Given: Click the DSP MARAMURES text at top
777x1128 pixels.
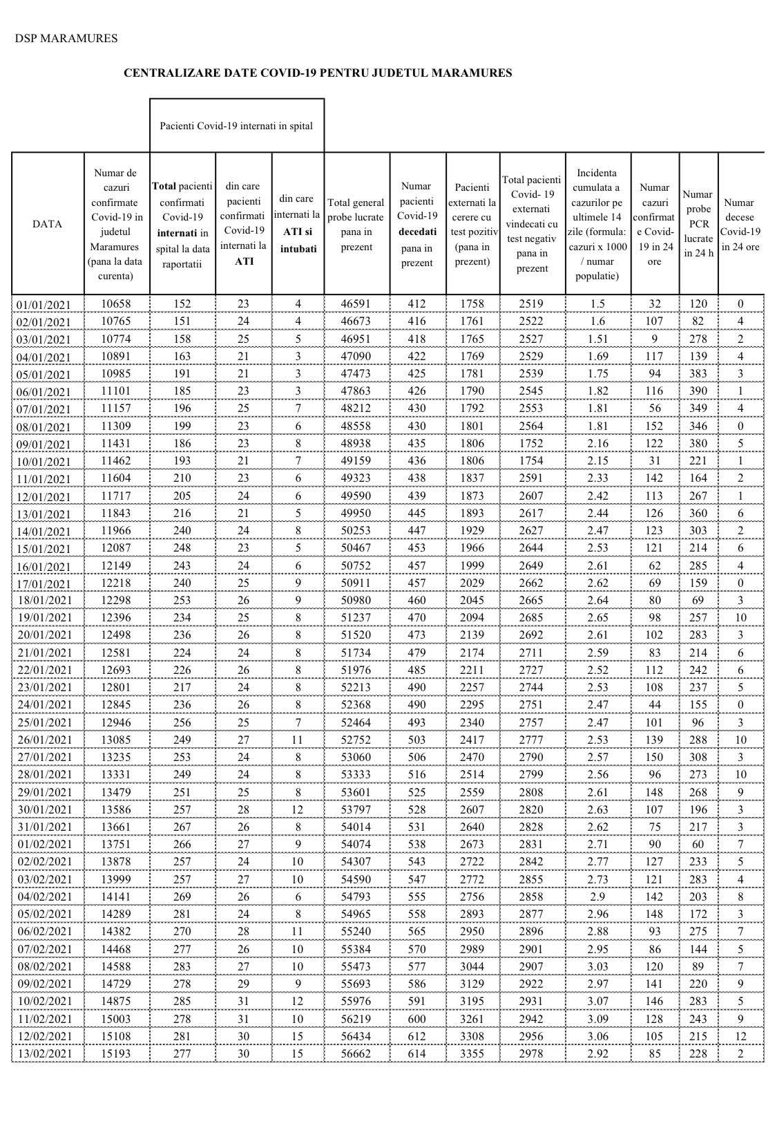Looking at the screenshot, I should click(x=66, y=39).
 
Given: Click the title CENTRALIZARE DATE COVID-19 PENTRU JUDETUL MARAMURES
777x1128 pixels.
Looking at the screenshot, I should click(x=318, y=73).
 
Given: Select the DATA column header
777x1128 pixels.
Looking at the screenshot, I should click(x=48, y=224).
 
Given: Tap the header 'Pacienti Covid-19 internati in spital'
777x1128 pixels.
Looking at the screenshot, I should click(x=236, y=126).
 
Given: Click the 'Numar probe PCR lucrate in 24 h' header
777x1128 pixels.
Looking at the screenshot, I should click(x=698, y=224).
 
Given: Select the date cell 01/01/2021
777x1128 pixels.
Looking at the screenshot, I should click(x=44, y=305).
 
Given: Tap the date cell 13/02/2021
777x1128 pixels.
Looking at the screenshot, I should click(x=44, y=1054).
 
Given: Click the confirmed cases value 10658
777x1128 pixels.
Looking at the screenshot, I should click(x=115, y=304).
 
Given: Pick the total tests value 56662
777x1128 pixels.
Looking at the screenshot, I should click(x=356, y=1053).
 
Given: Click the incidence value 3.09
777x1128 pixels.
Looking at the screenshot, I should click(x=597, y=1019).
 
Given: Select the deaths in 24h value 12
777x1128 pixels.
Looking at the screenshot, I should click(x=740, y=1036).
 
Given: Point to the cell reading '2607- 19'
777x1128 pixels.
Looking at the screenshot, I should click(x=531, y=496).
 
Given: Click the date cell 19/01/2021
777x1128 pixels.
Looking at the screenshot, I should click(x=44, y=618).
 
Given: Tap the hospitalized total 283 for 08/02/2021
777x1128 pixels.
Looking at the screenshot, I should click(x=182, y=966).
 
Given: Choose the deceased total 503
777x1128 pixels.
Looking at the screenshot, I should click(x=416, y=740).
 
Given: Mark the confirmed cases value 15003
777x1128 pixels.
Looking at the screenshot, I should click(x=115, y=1019).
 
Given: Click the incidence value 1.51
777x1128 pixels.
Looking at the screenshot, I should click(x=597, y=339).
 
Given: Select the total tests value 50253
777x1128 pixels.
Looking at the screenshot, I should click(x=356, y=530).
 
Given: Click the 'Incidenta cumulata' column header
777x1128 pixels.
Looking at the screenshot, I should click(x=597, y=224).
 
